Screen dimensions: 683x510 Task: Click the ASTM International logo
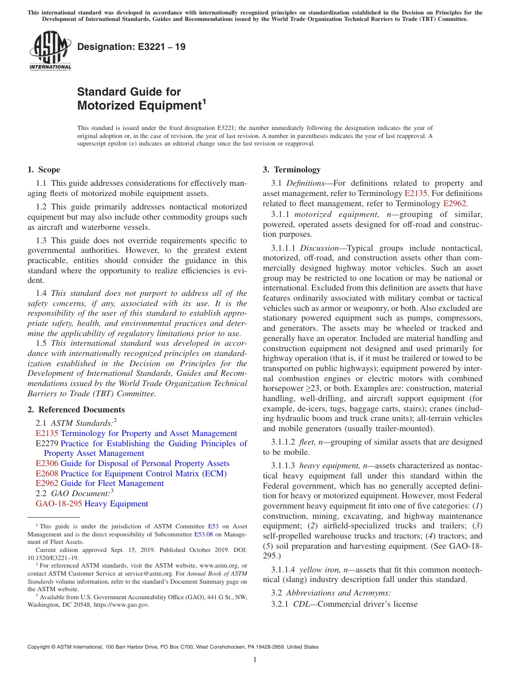pos(50,50)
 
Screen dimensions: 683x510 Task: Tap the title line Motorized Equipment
pos(139,105)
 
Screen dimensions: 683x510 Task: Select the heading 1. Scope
pos(43,170)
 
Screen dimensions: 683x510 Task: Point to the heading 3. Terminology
pos(292,170)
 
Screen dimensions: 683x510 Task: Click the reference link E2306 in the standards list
pos(47,463)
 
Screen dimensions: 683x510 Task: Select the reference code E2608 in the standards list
pos(47,474)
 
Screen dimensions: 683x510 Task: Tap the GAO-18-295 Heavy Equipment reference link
pos(92,504)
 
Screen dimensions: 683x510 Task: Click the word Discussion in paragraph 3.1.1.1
pos(319,248)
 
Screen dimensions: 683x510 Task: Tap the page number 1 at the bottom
pos(255,660)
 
